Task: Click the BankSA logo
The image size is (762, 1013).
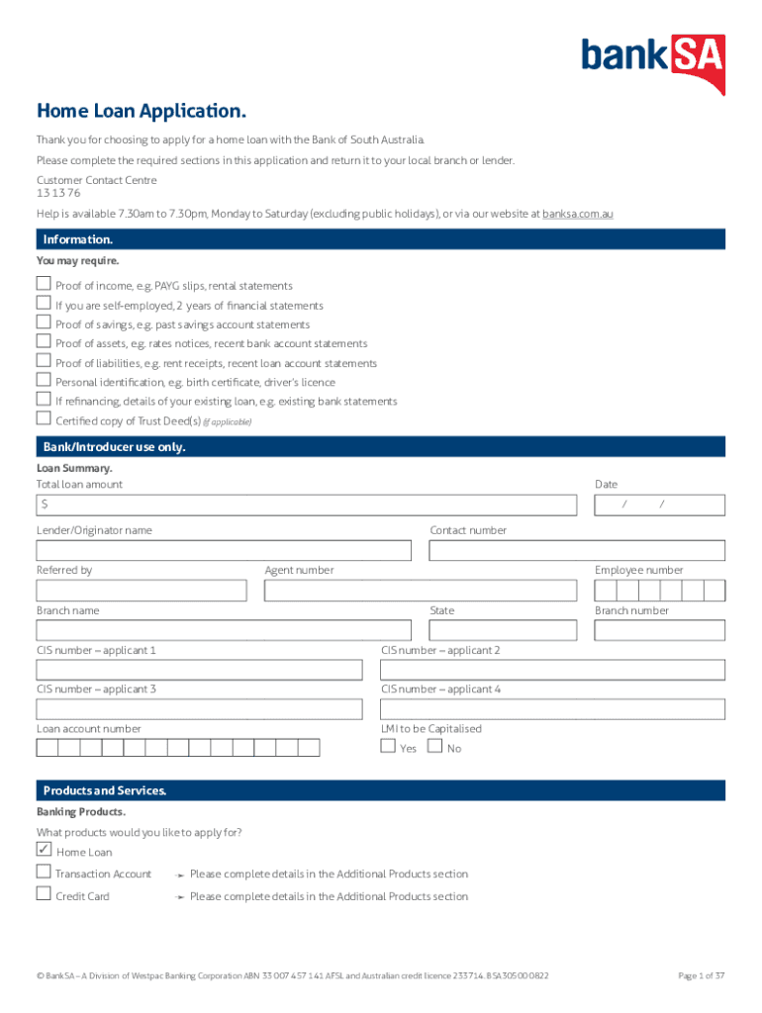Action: [x=653, y=61]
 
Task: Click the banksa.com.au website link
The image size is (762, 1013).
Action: [x=577, y=214]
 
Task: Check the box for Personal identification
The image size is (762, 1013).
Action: [x=44, y=381]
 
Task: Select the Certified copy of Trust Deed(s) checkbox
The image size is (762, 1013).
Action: [x=44, y=419]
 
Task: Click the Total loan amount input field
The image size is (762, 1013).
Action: [x=306, y=506]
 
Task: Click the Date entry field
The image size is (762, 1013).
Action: [x=659, y=506]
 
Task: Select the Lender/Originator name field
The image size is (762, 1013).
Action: [x=224, y=551]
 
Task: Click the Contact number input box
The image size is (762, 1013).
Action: [x=577, y=551]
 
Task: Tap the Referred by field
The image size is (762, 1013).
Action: [x=142, y=591]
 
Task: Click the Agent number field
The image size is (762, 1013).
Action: [x=420, y=591]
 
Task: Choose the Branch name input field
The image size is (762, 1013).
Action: [x=224, y=630]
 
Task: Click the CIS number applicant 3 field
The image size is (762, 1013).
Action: [x=199, y=709]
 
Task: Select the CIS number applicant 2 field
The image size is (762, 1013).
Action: [x=553, y=670]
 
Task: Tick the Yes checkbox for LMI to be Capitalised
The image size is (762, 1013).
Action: [x=388, y=747]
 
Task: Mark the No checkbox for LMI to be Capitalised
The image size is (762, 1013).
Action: [x=434, y=747]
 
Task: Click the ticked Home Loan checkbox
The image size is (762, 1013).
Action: [x=44, y=850]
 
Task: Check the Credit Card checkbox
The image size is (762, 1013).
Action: [x=44, y=894]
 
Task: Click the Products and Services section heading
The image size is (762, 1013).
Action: [x=105, y=790]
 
